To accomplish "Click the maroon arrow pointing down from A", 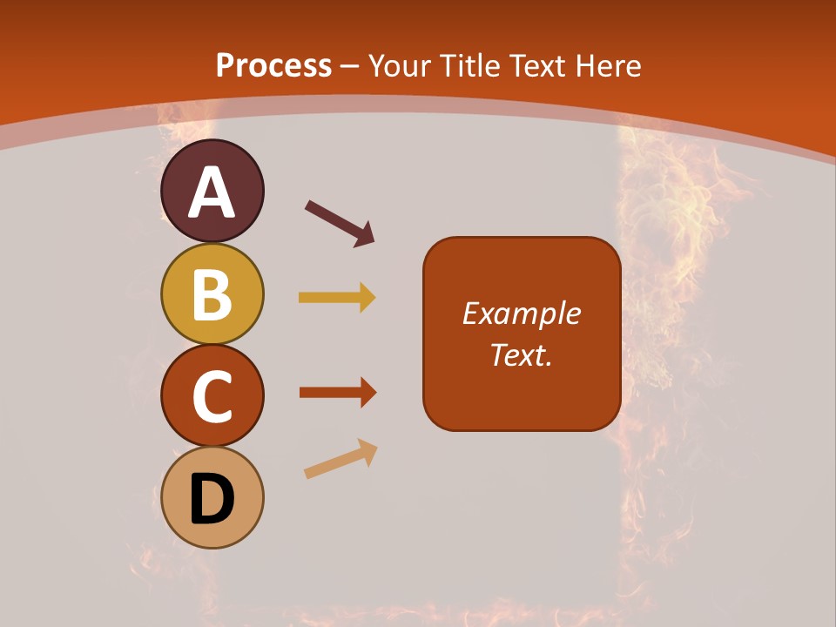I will [x=340, y=223].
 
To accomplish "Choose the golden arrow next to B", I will [x=337, y=298].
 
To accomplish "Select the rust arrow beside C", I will [x=338, y=392].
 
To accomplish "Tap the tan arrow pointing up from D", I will [x=340, y=460].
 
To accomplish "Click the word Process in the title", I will [x=273, y=66].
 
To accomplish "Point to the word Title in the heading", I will [x=469, y=66].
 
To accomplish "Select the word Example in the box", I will [x=521, y=313].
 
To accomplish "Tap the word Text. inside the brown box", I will [x=521, y=354].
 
